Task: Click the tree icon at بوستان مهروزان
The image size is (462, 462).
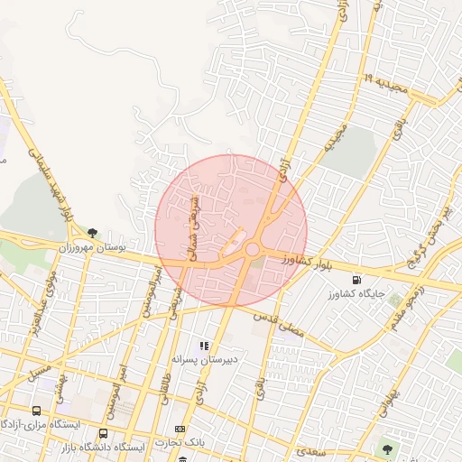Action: point(92,233)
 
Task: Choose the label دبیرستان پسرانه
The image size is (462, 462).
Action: point(205,358)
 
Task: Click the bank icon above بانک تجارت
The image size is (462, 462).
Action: point(180,429)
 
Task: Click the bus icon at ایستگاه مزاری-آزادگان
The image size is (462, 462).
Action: point(35,411)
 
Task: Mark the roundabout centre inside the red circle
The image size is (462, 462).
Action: point(253,249)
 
